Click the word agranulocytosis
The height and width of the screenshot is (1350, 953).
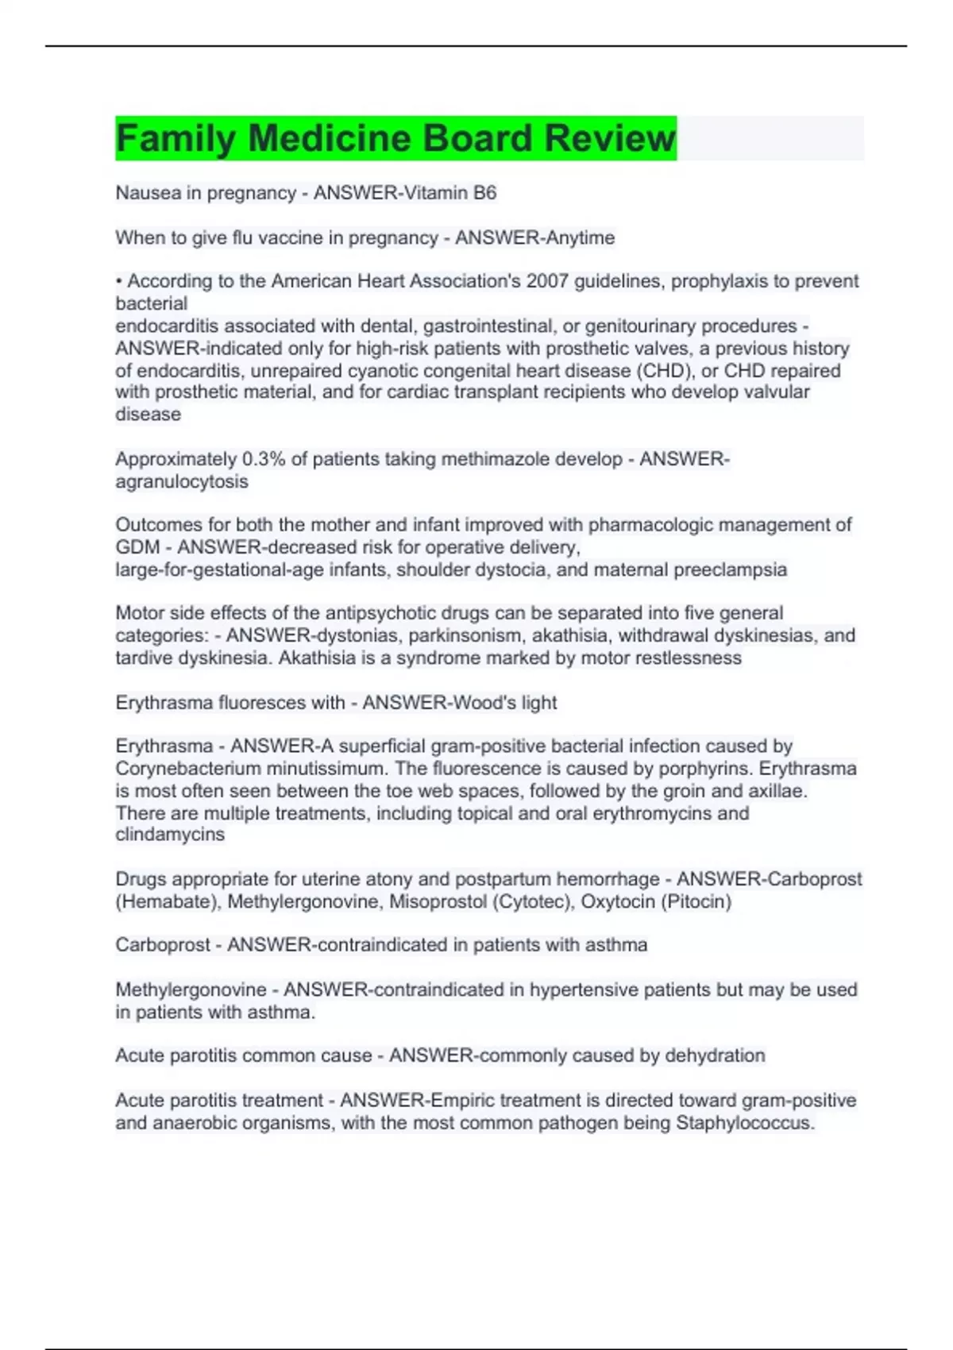coord(182,481)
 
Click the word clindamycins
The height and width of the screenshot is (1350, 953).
coord(170,835)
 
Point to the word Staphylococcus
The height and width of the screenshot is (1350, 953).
coord(745,1123)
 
